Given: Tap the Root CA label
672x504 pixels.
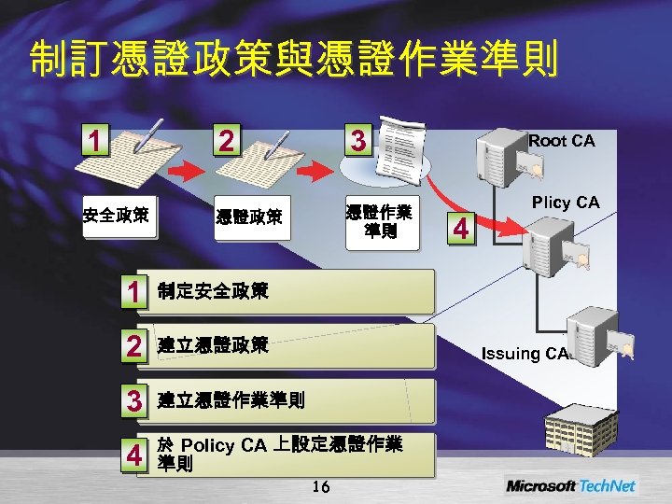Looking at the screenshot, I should point(561,141).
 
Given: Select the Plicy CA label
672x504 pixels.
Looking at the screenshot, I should point(565,203).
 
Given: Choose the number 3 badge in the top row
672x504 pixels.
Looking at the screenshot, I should point(357,141).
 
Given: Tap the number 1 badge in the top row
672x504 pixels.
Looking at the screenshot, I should point(91,141).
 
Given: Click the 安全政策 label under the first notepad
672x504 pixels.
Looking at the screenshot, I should point(116,217).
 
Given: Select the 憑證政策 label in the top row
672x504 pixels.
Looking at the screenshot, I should point(248,218).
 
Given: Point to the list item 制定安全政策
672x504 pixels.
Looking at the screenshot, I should point(213,291).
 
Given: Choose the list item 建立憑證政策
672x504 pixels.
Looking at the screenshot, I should point(213,346).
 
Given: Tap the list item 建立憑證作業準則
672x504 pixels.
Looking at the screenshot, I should point(231,401).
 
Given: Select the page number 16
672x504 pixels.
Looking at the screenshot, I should point(321,485).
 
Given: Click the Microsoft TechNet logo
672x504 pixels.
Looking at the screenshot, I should point(570,485).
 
